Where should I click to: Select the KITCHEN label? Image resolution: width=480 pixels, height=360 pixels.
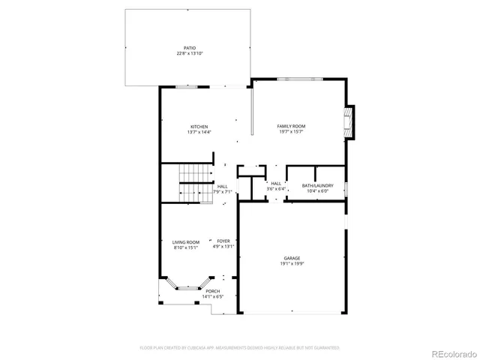tap(199, 126)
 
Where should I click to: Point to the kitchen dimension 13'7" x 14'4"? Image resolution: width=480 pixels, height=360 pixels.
tap(199, 132)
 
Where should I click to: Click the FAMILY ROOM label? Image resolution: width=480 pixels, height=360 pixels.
tap(291, 126)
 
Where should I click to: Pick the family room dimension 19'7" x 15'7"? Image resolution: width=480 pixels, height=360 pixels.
tap(291, 132)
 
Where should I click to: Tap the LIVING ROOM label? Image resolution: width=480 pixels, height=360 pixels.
tap(186, 241)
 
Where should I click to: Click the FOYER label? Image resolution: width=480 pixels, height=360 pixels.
tap(223, 241)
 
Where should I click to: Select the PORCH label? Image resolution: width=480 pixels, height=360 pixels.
tap(213, 291)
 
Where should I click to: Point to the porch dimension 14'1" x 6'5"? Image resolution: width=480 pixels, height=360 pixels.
tap(213, 297)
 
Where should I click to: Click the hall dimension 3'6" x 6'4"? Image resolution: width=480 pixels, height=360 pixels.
tap(276, 189)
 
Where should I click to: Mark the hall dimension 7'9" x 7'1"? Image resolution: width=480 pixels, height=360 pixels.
tap(223, 192)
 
